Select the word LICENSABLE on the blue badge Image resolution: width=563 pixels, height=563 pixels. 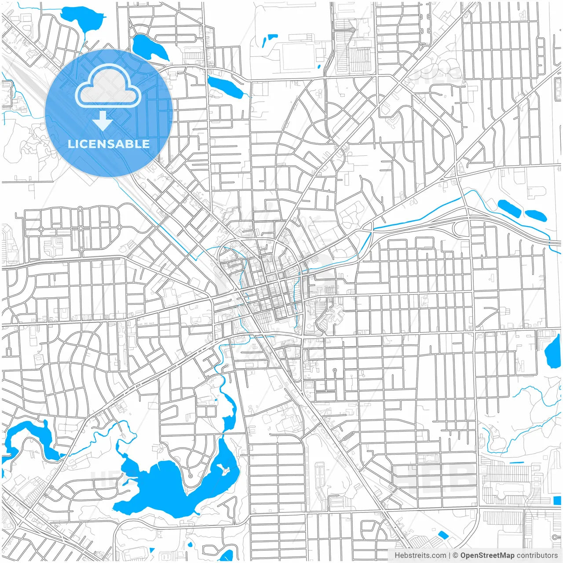[x=109, y=144]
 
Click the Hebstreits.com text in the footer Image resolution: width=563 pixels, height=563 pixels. [x=420, y=556]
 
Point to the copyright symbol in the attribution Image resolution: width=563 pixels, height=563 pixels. [x=456, y=556]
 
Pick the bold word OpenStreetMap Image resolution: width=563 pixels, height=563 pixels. [x=487, y=556]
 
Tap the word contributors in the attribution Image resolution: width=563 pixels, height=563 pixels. [x=537, y=556]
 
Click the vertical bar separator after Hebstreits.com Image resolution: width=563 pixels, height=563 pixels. [x=450, y=556]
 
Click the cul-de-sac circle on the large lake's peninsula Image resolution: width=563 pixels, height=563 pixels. [x=190, y=476]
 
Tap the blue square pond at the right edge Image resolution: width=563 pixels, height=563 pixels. [x=557, y=500]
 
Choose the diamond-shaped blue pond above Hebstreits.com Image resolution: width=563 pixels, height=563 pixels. [x=443, y=535]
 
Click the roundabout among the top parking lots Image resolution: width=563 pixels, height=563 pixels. [x=353, y=30]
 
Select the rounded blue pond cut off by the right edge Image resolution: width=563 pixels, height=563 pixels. [x=553, y=352]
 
